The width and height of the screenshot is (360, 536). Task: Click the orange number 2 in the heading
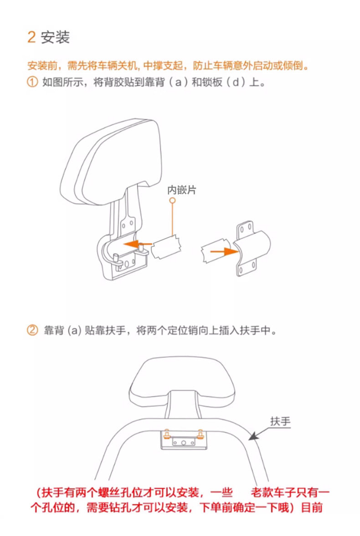click(x=31, y=37)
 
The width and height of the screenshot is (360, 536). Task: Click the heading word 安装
click(x=56, y=37)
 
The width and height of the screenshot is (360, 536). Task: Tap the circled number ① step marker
click(x=32, y=82)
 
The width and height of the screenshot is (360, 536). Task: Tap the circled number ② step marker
click(x=32, y=330)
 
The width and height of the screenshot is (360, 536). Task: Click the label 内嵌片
click(x=182, y=190)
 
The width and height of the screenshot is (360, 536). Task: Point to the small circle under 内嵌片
click(x=173, y=200)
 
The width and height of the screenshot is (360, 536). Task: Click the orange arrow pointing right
click(x=224, y=252)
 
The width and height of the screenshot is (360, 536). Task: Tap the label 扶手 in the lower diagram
click(x=280, y=421)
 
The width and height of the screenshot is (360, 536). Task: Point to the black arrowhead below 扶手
click(x=253, y=436)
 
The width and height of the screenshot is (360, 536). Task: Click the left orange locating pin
click(x=167, y=434)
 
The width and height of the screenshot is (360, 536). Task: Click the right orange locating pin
click(x=201, y=434)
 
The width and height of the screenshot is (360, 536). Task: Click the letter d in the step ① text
click(x=236, y=82)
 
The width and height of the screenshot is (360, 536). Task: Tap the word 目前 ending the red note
click(x=312, y=507)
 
